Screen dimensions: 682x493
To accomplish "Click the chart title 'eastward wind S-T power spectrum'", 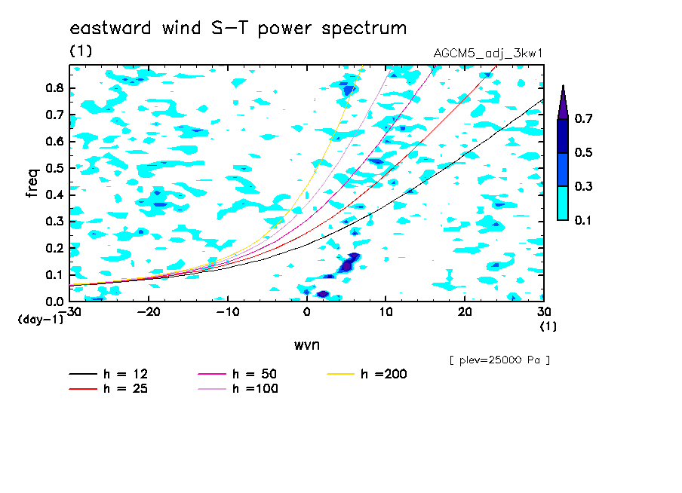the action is (238, 29).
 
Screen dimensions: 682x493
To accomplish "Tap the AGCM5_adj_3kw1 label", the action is (488, 54).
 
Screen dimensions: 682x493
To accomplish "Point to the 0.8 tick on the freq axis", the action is (54, 88).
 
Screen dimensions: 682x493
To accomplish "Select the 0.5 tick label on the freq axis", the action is (54, 168).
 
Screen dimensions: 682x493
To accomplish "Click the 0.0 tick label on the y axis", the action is (54, 302).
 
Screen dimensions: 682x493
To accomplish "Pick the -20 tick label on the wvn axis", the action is (149, 312).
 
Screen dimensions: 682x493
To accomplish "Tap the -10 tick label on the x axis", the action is (228, 312).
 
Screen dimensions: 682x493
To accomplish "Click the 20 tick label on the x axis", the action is (465, 312).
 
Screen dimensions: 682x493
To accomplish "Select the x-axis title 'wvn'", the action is (307, 345).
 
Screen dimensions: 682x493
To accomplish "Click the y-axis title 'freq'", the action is (32, 183).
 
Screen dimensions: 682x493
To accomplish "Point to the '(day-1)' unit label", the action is (40, 320).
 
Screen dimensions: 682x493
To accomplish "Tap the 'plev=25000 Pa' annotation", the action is (499, 360).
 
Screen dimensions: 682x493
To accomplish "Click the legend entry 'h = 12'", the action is (109, 374).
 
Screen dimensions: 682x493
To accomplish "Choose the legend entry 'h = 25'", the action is (109, 388).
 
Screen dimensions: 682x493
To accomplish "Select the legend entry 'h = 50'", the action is (238, 374).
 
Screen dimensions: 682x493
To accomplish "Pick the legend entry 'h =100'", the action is (238, 388).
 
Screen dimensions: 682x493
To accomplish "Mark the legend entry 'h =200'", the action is (367, 374).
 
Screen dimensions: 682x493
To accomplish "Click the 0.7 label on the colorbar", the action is (583, 118).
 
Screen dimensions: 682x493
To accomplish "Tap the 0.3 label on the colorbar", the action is (583, 186).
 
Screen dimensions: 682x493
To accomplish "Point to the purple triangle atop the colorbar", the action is (564, 104).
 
